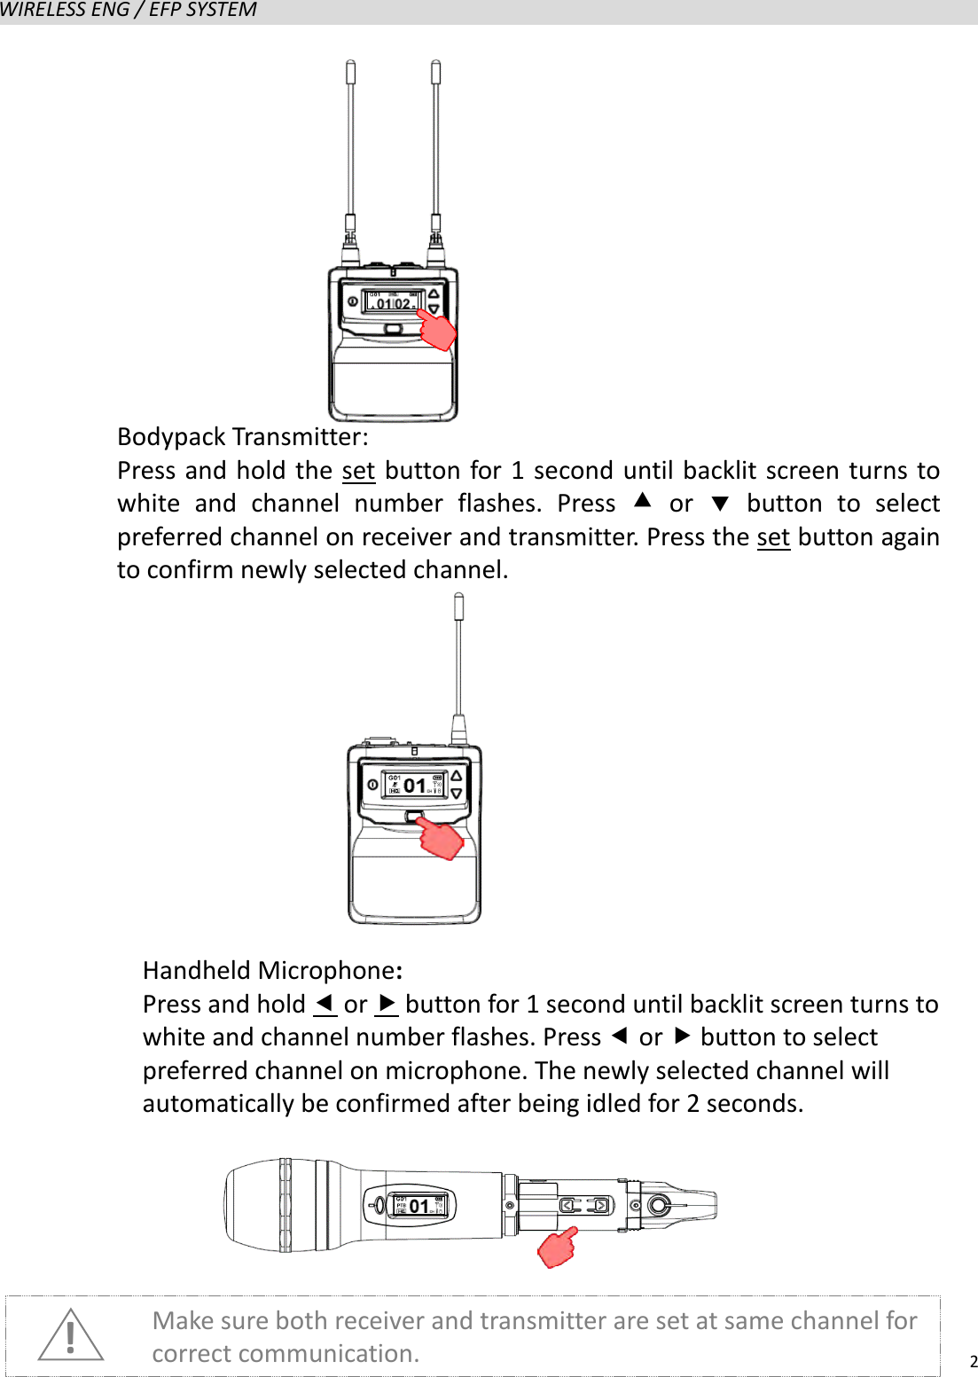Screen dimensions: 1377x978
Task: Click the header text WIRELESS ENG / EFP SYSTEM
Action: point(129,11)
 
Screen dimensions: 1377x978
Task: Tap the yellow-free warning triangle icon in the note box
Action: point(71,1335)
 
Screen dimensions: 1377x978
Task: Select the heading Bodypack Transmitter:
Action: point(243,437)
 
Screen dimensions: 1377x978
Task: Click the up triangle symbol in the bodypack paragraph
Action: point(643,502)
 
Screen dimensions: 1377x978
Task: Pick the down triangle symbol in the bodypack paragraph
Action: point(720,505)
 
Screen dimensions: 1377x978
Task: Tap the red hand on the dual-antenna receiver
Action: point(437,330)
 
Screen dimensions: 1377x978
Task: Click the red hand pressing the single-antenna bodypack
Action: point(442,839)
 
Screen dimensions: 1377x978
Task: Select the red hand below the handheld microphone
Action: point(558,1248)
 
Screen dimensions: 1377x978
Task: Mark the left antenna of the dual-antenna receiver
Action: point(351,142)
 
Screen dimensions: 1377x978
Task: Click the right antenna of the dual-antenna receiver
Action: point(435,142)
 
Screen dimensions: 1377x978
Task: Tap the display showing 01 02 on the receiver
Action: point(394,301)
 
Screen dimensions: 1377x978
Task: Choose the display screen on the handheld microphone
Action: point(419,1205)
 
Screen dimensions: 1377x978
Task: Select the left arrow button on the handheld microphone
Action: point(568,1205)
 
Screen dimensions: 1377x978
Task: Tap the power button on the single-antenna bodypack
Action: point(372,785)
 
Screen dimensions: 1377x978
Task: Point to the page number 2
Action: point(973,1362)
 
